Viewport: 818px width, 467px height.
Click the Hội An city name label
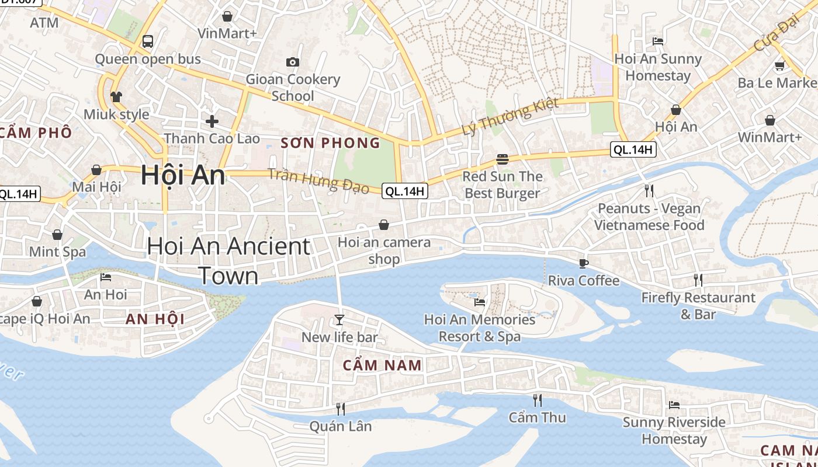[183, 175]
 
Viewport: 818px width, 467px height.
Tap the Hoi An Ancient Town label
[228, 261]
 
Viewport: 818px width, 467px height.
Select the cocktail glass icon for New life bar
[339, 319]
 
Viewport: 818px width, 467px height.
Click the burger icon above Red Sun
[502, 159]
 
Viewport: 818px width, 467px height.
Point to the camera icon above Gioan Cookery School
[293, 62]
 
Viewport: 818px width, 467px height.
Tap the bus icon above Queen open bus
[148, 41]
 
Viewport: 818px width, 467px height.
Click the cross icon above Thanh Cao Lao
[212, 121]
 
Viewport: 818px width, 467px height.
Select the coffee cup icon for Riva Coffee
[583, 263]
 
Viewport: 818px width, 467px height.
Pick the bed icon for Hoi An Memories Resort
[480, 302]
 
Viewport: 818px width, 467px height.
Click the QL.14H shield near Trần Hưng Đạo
[405, 190]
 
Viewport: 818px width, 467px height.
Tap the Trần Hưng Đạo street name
[318, 180]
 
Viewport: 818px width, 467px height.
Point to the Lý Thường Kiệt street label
[510, 117]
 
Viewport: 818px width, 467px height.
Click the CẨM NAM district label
[382, 365]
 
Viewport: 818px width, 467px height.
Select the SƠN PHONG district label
[331, 143]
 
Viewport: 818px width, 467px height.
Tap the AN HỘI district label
[155, 319]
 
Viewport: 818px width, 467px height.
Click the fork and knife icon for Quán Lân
[341, 409]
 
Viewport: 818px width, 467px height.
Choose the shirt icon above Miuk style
[116, 96]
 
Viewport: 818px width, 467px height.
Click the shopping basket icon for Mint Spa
[57, 235]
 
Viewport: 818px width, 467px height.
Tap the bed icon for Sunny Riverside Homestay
[674, 405]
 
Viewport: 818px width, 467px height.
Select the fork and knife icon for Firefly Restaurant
[698, 280]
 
